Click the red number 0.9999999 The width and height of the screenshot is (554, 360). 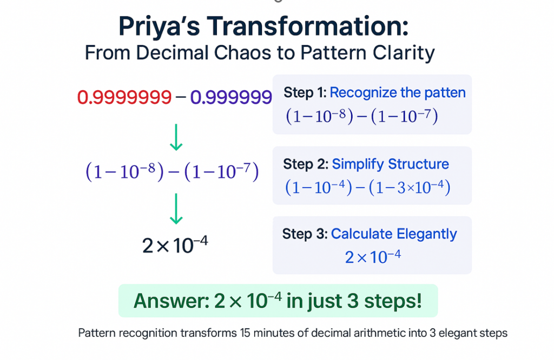[124, 97]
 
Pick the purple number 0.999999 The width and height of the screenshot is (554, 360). [231, 97]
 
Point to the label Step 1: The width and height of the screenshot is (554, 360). [305, 92]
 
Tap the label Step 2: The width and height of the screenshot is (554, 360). [306, 164]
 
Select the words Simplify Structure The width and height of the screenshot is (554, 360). [391, 164]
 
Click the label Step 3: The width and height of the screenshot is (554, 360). [305, 234]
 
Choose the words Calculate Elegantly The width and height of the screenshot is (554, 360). [394, 235]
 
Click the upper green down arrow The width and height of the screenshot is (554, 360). [176, 137]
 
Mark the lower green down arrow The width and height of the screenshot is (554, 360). [176, 209]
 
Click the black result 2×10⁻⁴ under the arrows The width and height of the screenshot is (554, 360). [175, 244]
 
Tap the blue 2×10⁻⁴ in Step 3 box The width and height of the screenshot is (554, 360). [373, 257]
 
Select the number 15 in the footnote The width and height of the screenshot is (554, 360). [245, 333]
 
